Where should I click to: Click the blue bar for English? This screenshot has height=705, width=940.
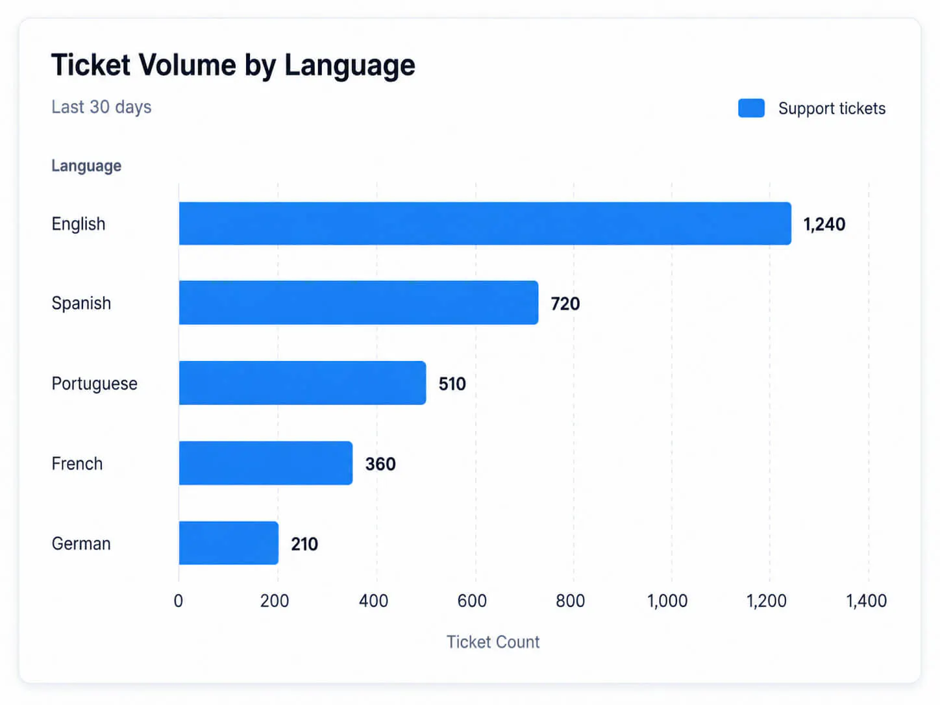485,223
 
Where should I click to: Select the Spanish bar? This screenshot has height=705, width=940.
358,303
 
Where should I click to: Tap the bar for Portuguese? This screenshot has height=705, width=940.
303,382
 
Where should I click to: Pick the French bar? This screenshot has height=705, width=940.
266,463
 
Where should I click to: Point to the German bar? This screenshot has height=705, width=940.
229,543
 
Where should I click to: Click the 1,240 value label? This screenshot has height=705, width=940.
824,225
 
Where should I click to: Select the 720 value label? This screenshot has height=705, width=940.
565,304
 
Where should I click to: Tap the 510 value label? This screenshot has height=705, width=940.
452,384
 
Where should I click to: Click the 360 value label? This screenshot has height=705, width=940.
380,464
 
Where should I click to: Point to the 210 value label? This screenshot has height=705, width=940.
304,544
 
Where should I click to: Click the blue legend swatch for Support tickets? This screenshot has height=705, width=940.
751,108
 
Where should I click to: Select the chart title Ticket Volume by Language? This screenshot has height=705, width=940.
234,66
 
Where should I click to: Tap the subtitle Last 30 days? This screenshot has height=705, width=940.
101,107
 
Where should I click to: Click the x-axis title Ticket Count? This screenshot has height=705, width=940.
493,642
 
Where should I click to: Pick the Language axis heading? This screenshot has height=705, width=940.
86,166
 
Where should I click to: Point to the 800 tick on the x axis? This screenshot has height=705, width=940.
571,601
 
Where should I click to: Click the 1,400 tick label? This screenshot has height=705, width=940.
867,601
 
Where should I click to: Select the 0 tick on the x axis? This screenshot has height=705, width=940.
179,601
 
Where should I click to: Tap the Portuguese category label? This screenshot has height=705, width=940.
95,384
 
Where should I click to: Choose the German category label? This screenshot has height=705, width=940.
81,543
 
